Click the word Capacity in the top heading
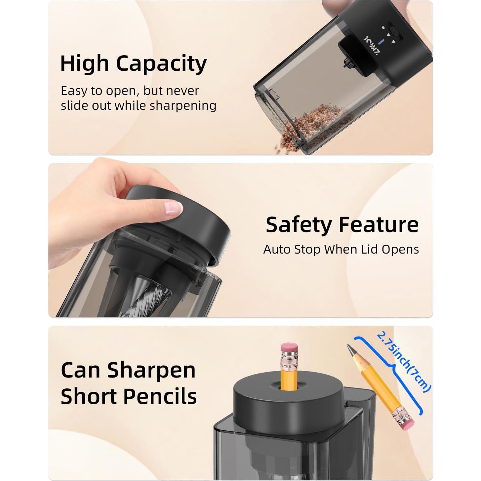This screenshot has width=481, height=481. [x=161, y=64]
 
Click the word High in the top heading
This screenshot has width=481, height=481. [x=84, y=64]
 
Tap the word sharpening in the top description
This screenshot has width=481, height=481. [x=183, y=106]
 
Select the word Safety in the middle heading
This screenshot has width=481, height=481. [x=299, y=225]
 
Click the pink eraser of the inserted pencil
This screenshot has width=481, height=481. [x=289, y=349]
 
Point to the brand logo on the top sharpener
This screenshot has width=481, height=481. [x=371, y=46]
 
